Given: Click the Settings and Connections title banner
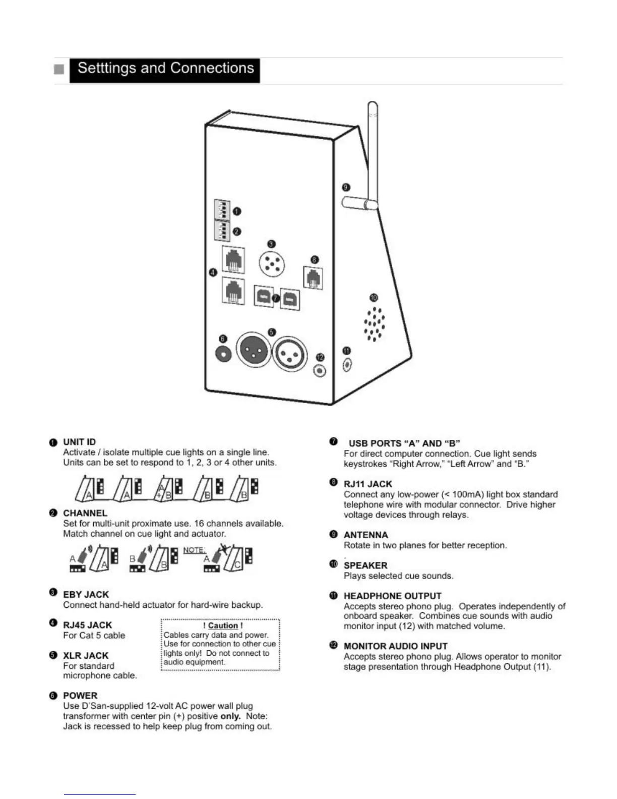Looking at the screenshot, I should (x=164, y=70).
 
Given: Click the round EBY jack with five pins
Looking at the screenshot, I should (x=272, y=263).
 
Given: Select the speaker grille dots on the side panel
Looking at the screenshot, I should (x=375, y=323).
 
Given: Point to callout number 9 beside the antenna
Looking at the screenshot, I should (x=346, y=187).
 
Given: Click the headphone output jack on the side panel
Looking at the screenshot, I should (x=347, y=364).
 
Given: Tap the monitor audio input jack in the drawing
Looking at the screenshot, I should (x=320, y=371).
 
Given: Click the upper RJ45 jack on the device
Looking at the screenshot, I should (x=233, y=260).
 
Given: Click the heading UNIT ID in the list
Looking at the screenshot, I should (x=79, y=442).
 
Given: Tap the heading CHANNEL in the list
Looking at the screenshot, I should (x=85, y=513).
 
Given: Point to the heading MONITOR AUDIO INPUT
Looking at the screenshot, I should (x=395, y=646).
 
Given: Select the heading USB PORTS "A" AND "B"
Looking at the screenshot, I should (x=404, y=443).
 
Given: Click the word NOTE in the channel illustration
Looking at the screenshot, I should (x=194, y=550).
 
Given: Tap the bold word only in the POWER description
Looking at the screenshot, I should (x=230, y=716).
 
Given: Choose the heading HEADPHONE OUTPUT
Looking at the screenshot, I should (x=392, y=596).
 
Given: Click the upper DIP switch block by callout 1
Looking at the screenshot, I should (x=222, y=210).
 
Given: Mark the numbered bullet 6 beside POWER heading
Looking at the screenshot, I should (x=53, y=696).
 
